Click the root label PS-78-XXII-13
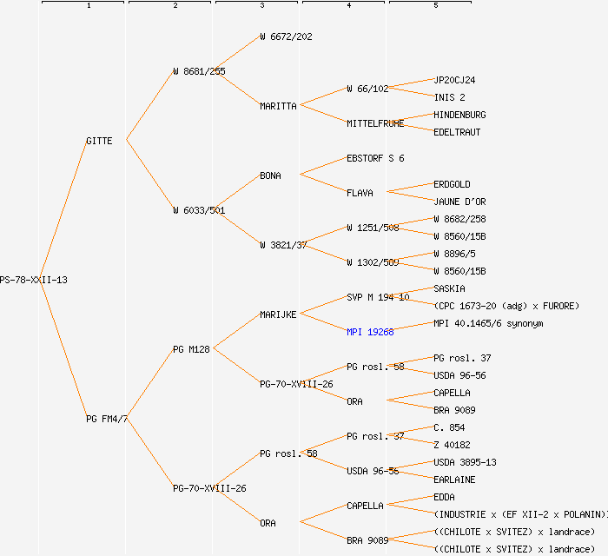tap(33, 280)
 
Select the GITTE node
tap(99, 141)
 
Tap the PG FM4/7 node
tap(107, 419)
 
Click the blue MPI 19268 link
tap(370, 332)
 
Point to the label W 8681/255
tap(199, 71)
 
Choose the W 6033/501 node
tap(199, 210)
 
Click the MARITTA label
tap(278, 106)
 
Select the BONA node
tap(270, 175)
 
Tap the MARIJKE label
tap(278, 314)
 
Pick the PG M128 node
tap(191, 349)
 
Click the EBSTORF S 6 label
tap(375, 158)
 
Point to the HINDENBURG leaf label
tap(459, 115)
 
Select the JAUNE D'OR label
tap(459, 202)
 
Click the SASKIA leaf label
tap(449, 288)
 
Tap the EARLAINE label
tap(454, 480)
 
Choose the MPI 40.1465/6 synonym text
tap(488, 323)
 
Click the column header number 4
tap(348, 6)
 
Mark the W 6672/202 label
tap(286, 36)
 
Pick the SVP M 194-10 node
tap(378, 297)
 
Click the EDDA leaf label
tap(444, 497)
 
